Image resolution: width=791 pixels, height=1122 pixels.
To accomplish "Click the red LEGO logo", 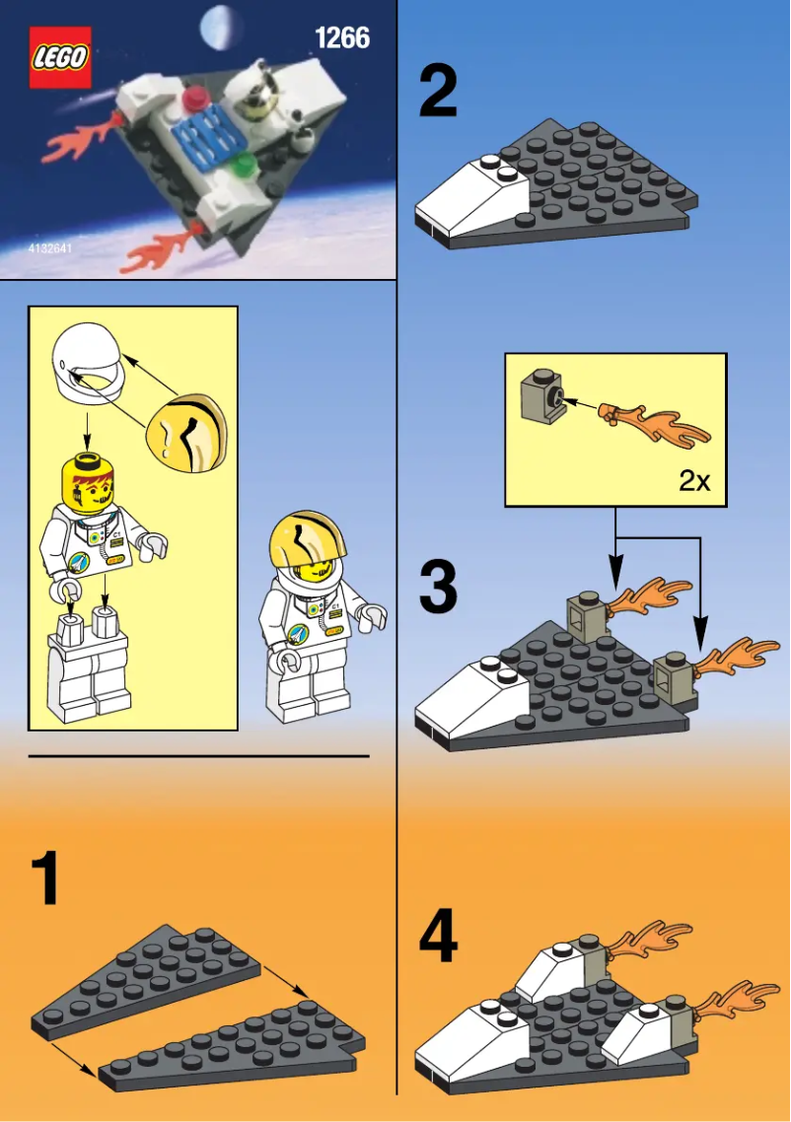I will coord(60,58).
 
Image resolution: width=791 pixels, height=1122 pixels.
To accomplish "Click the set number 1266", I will coord(341,38).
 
